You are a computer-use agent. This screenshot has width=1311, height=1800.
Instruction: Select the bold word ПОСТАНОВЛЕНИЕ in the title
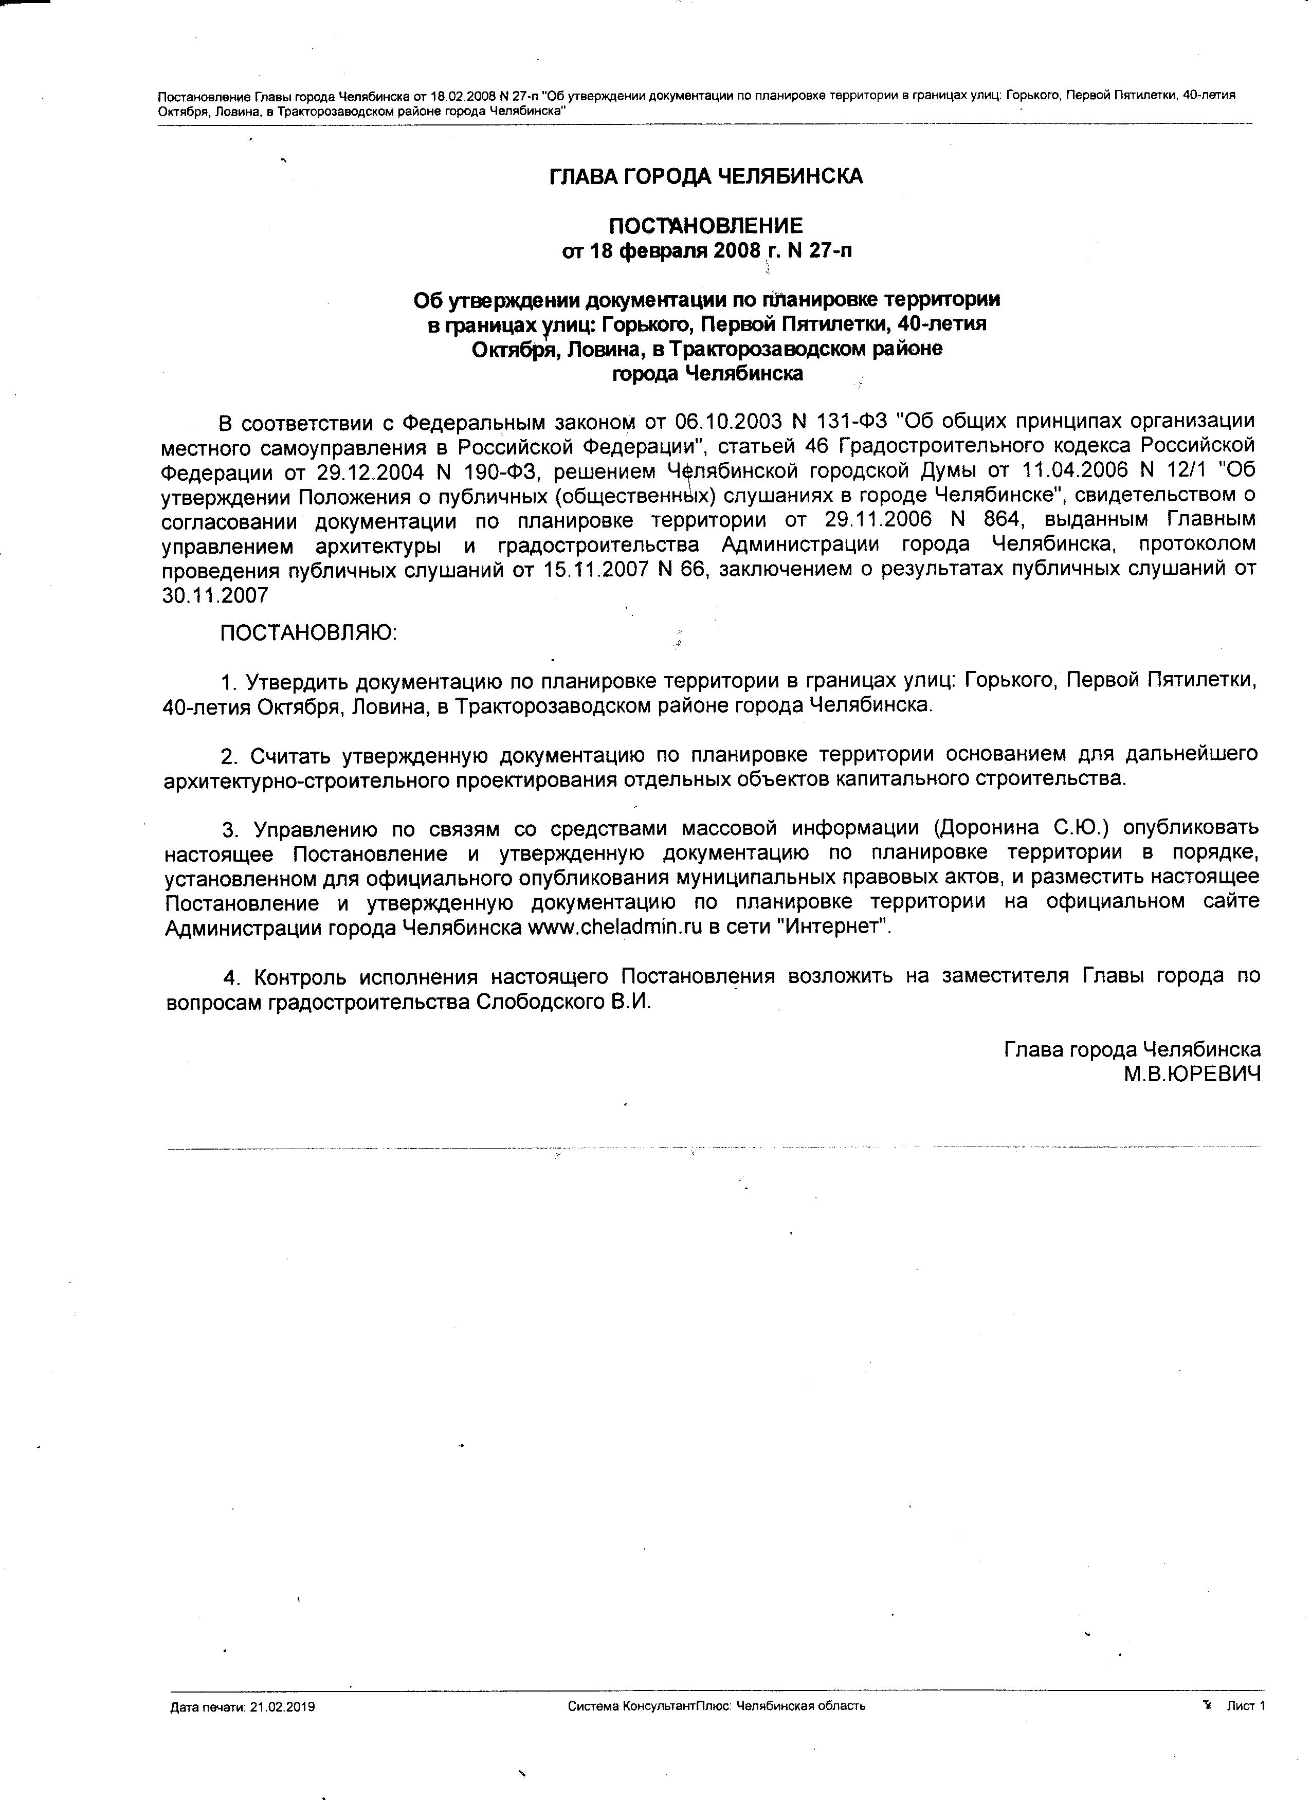click(705, 226)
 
